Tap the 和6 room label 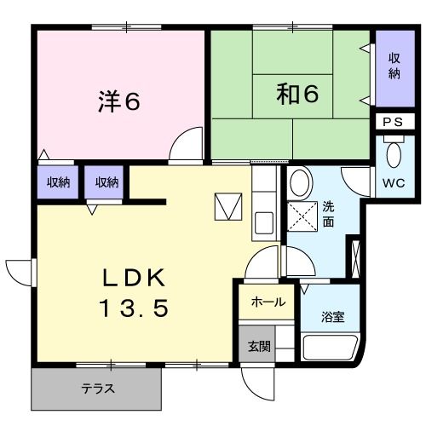pyautogui.click(x=297, y=94)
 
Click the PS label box pyautogui.click(x=392, y=122)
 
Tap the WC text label pyautogui.click(x=394, y=183)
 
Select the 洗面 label pyautogui.click(x=329, y=213)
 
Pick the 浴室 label pyautogui.click(x=332, y=317)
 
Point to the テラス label pyautogui.click(x=98, y=389)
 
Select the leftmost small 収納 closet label pyautogui.click(x=58, y=181)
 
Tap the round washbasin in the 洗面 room pyautogui.click(x=298, y=182)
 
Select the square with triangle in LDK pyautogui.click(x=227, y=205)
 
